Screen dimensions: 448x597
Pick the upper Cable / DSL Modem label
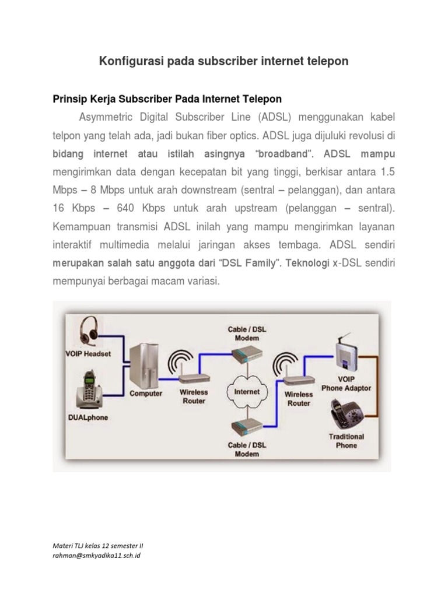coord(247,333)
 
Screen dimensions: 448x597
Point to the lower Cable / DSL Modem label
coord(247,449)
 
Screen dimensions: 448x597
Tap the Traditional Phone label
coord(346,441)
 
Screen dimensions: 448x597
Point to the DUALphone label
coord(88,417)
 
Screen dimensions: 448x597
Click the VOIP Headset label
coord(88,354)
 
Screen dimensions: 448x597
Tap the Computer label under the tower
coord(146,394)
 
